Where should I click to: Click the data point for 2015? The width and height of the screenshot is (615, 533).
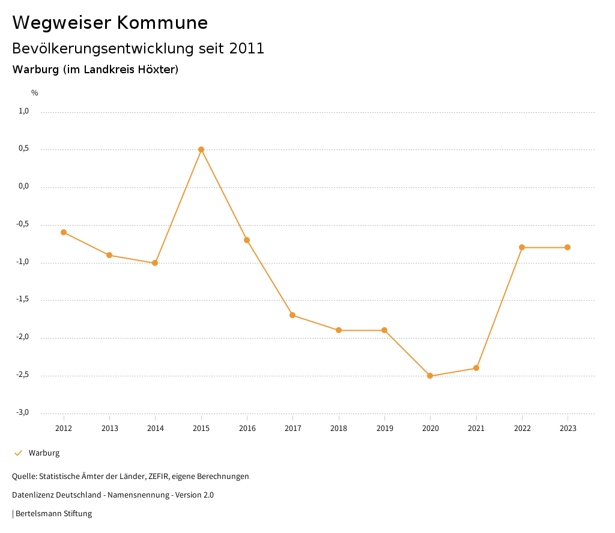[201, 149]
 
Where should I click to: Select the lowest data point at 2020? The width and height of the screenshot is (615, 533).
[430, 376]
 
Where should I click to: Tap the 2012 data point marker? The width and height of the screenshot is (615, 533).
[64, 232]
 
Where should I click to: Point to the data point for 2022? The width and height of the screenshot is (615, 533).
[522, 247]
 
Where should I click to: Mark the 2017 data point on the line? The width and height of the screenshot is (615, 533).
[292, 315]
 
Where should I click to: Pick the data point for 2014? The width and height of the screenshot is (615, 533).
[155, 263]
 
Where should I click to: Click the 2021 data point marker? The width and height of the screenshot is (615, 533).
[476, 368]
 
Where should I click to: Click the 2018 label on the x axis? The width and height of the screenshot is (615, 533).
[339, 429]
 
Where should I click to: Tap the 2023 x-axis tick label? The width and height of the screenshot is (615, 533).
[568, 429]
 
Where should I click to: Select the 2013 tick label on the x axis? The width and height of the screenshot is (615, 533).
[109, 429]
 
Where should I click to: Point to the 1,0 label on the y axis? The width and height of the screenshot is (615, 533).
[23, 111]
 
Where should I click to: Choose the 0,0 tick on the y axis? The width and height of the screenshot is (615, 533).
[23, 187]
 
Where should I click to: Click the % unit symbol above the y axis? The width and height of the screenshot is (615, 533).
[35, 93]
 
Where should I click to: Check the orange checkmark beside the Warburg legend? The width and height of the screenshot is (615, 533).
[18, 453]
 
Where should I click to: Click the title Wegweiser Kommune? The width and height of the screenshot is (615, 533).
[110, 23]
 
